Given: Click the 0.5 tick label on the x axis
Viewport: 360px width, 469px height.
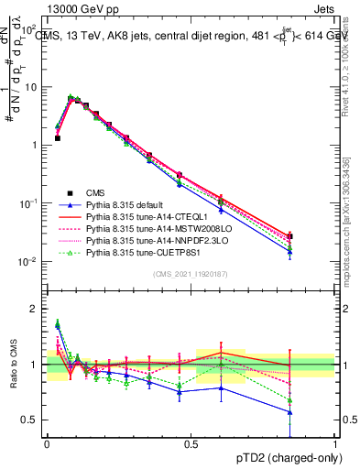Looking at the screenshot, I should click(x=191, y=442).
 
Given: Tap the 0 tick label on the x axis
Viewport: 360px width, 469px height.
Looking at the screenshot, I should click(x=47, y=442).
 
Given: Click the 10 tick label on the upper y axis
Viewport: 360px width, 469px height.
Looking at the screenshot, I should click(x=33, y=87).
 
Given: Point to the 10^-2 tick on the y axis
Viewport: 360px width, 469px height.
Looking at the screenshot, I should click(x=29, y=262).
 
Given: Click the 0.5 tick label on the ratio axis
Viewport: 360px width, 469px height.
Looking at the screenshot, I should click(x=33, y=420).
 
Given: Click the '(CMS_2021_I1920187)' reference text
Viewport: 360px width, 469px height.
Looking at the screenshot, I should click(x=191, y=274).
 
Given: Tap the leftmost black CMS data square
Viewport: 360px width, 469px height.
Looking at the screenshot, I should click(x=58, y=138).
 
